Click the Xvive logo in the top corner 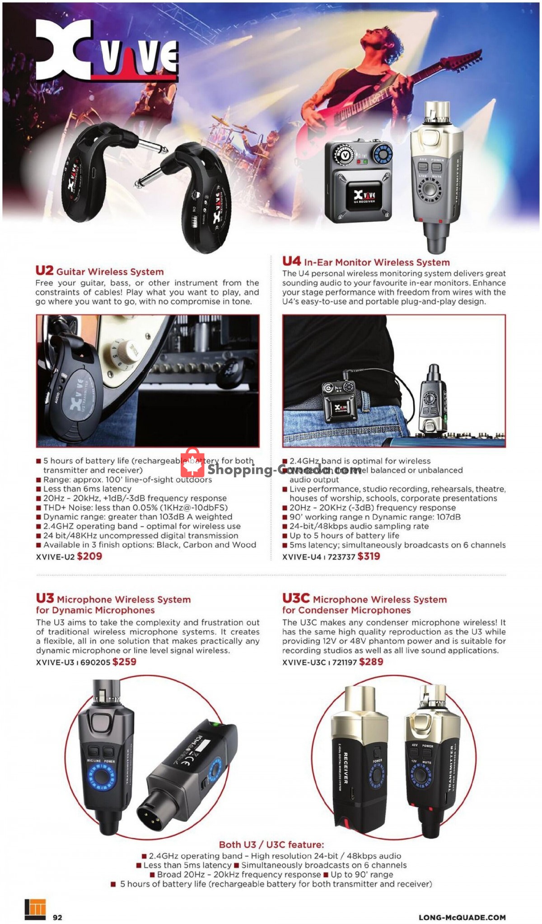tap(107, 52)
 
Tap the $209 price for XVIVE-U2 tap(89, 556)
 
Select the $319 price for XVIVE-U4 tap(369, 556)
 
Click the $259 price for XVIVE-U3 tap(124, 662)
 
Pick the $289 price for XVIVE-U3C tap(371, 662)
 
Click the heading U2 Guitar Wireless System tap(99, 271)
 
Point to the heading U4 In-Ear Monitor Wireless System tap(366, 262)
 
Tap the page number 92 tap(57, 917)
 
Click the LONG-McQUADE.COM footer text tap(462, 917)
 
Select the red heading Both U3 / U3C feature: tap(271, 845)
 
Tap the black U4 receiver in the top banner tap(358, 181)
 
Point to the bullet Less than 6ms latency tap(87, 489)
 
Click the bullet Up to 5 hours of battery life tap(344, 536)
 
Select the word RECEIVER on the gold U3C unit tap(346, 768)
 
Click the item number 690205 tap(95, 662)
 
